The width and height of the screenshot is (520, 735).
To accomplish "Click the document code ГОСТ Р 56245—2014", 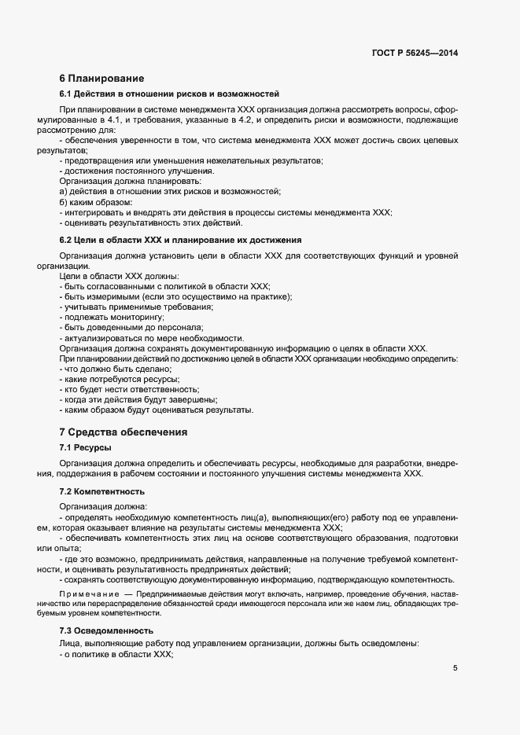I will click(x=414, y=53).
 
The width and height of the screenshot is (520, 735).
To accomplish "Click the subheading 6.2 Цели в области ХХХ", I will click(x=180, y=239).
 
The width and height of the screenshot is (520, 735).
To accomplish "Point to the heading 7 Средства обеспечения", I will click(x=123, y=432).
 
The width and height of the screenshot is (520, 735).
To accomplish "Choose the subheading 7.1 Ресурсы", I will click(x=85, y=447).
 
